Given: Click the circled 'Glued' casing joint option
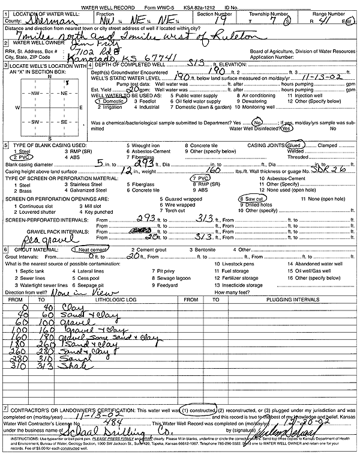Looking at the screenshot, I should (x=293, y=145).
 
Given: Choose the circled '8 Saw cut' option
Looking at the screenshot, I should (x=252, y=198).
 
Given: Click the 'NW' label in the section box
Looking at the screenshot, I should (x=36, y=94).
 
